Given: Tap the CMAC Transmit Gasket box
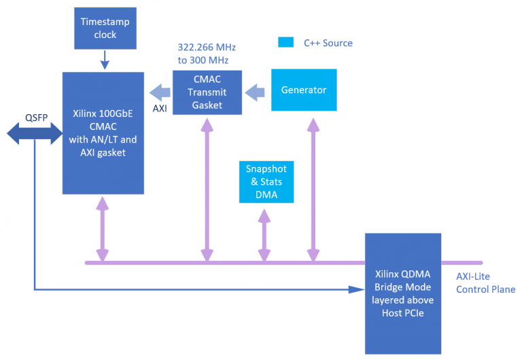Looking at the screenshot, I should click(x=207, y=92).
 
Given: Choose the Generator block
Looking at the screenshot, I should click(x=304, y=90).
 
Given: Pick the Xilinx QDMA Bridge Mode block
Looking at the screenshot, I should click(x=404, y=293).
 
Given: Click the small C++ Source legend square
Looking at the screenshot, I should click(x=286, y=43).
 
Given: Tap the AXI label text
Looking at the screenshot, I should click(x=159, y=107).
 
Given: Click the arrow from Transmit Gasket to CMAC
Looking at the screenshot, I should click(x=159, y=91).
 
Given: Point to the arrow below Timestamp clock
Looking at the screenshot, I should click(x=104, y=63).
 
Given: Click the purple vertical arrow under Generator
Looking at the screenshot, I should click(x=313, y=190).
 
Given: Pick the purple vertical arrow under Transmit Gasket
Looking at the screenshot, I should click(x=205, y=190).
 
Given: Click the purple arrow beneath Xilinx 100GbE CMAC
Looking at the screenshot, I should click(x=102, y=229).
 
